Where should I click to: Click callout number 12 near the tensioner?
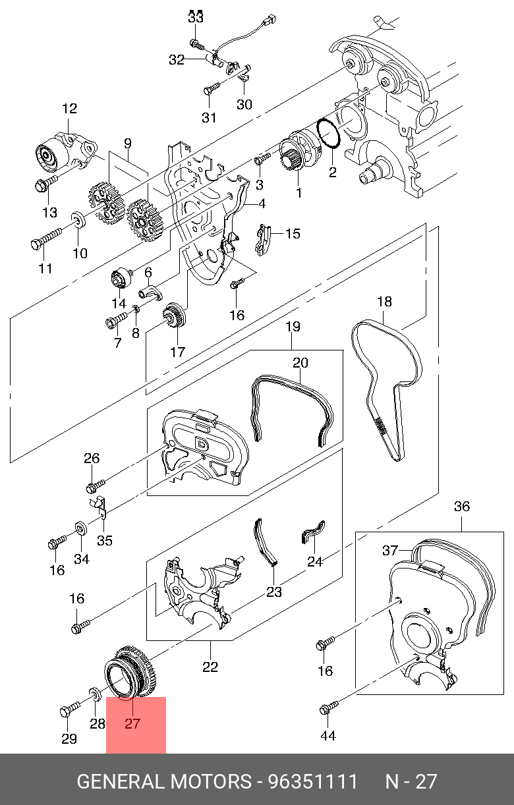(x=70, y=109)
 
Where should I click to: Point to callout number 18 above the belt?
(x=384, y=302)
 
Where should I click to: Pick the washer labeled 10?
(x=76, y=219)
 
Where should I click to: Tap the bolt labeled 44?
(x=328, y=709)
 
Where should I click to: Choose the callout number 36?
(x=462, y=506)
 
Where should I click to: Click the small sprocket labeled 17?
(x=175, y=316)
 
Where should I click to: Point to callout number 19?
(x=293, y=327)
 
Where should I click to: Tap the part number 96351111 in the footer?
(x=312, y=782)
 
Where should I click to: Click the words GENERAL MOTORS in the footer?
(x=164, y=782)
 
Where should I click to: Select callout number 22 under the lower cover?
(x=210, y=667)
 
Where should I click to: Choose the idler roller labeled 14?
(x=120, y=277)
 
